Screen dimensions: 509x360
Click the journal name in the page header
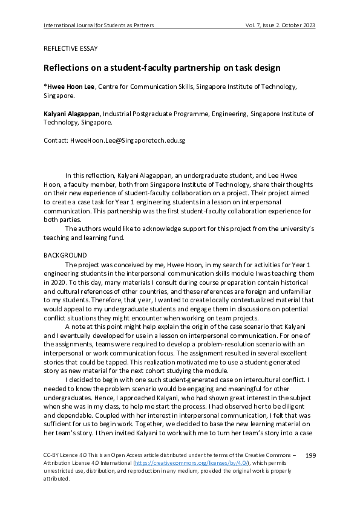pyautogui.click(x=99, y=25)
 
